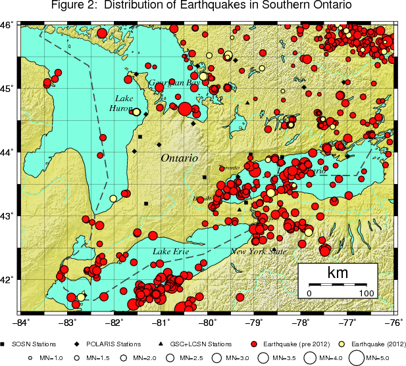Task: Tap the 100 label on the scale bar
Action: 366,293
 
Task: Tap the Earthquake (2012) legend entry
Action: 372,344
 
